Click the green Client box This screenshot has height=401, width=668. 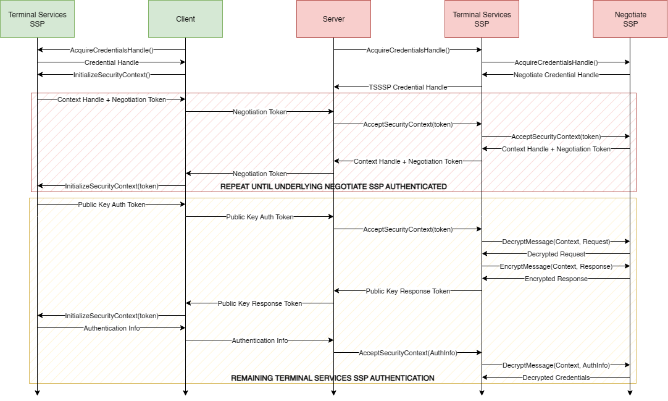click(x=185, y=19)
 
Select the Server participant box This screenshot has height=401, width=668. click(x=333, y=19)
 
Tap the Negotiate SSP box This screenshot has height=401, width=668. click(x=630, y=19)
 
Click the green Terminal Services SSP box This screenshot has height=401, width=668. click(x=37, y=19)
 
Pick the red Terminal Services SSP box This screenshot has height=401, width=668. click(x=482, y=19)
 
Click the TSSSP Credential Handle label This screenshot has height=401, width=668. click(x=408, y=87)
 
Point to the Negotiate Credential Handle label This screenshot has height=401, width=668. click(x=556, y=75)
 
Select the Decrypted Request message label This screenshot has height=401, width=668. click(x=556, y=254)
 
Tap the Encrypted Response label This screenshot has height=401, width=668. click(x=556, y=279)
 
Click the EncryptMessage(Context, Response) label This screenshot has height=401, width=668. click(x=556, y=266)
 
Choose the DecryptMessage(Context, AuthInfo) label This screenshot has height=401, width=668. click(x=556, y=365)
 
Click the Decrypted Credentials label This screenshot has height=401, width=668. click(x=556, y=378)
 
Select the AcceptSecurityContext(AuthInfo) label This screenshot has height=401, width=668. click(x=408, y=353)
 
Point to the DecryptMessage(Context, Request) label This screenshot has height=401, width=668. click(x=556, y=242)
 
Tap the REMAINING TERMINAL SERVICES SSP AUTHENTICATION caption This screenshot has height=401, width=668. click(x=333, y=378)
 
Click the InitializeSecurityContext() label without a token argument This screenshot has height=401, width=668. click(x=112, y=75)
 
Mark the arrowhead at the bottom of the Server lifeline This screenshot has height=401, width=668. click(x=333, y=392)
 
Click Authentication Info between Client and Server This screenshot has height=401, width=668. click(x=260, y=340)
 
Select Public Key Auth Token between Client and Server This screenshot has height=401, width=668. click(x=260, y=217)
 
